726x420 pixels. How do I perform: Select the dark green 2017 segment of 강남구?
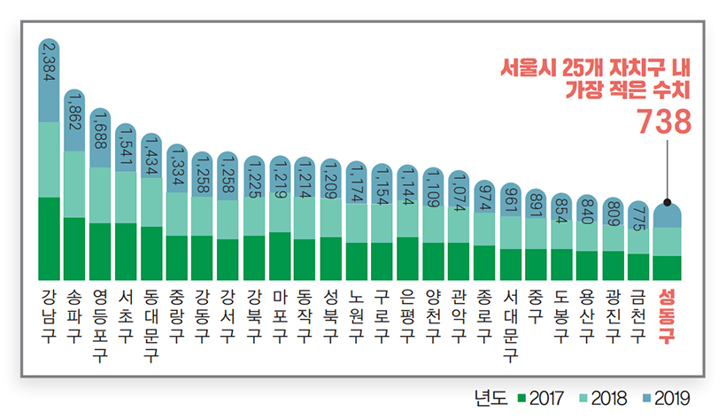50,238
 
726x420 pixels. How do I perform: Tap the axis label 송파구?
74,314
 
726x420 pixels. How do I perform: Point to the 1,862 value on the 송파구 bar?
74,111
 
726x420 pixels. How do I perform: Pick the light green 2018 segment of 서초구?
126,197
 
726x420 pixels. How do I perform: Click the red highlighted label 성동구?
667,314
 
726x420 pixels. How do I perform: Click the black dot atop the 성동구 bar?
667,202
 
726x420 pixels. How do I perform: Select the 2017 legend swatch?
523,398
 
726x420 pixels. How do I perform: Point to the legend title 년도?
491,398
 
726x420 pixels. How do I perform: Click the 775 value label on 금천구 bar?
639,218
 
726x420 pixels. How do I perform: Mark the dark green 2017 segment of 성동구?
667,268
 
